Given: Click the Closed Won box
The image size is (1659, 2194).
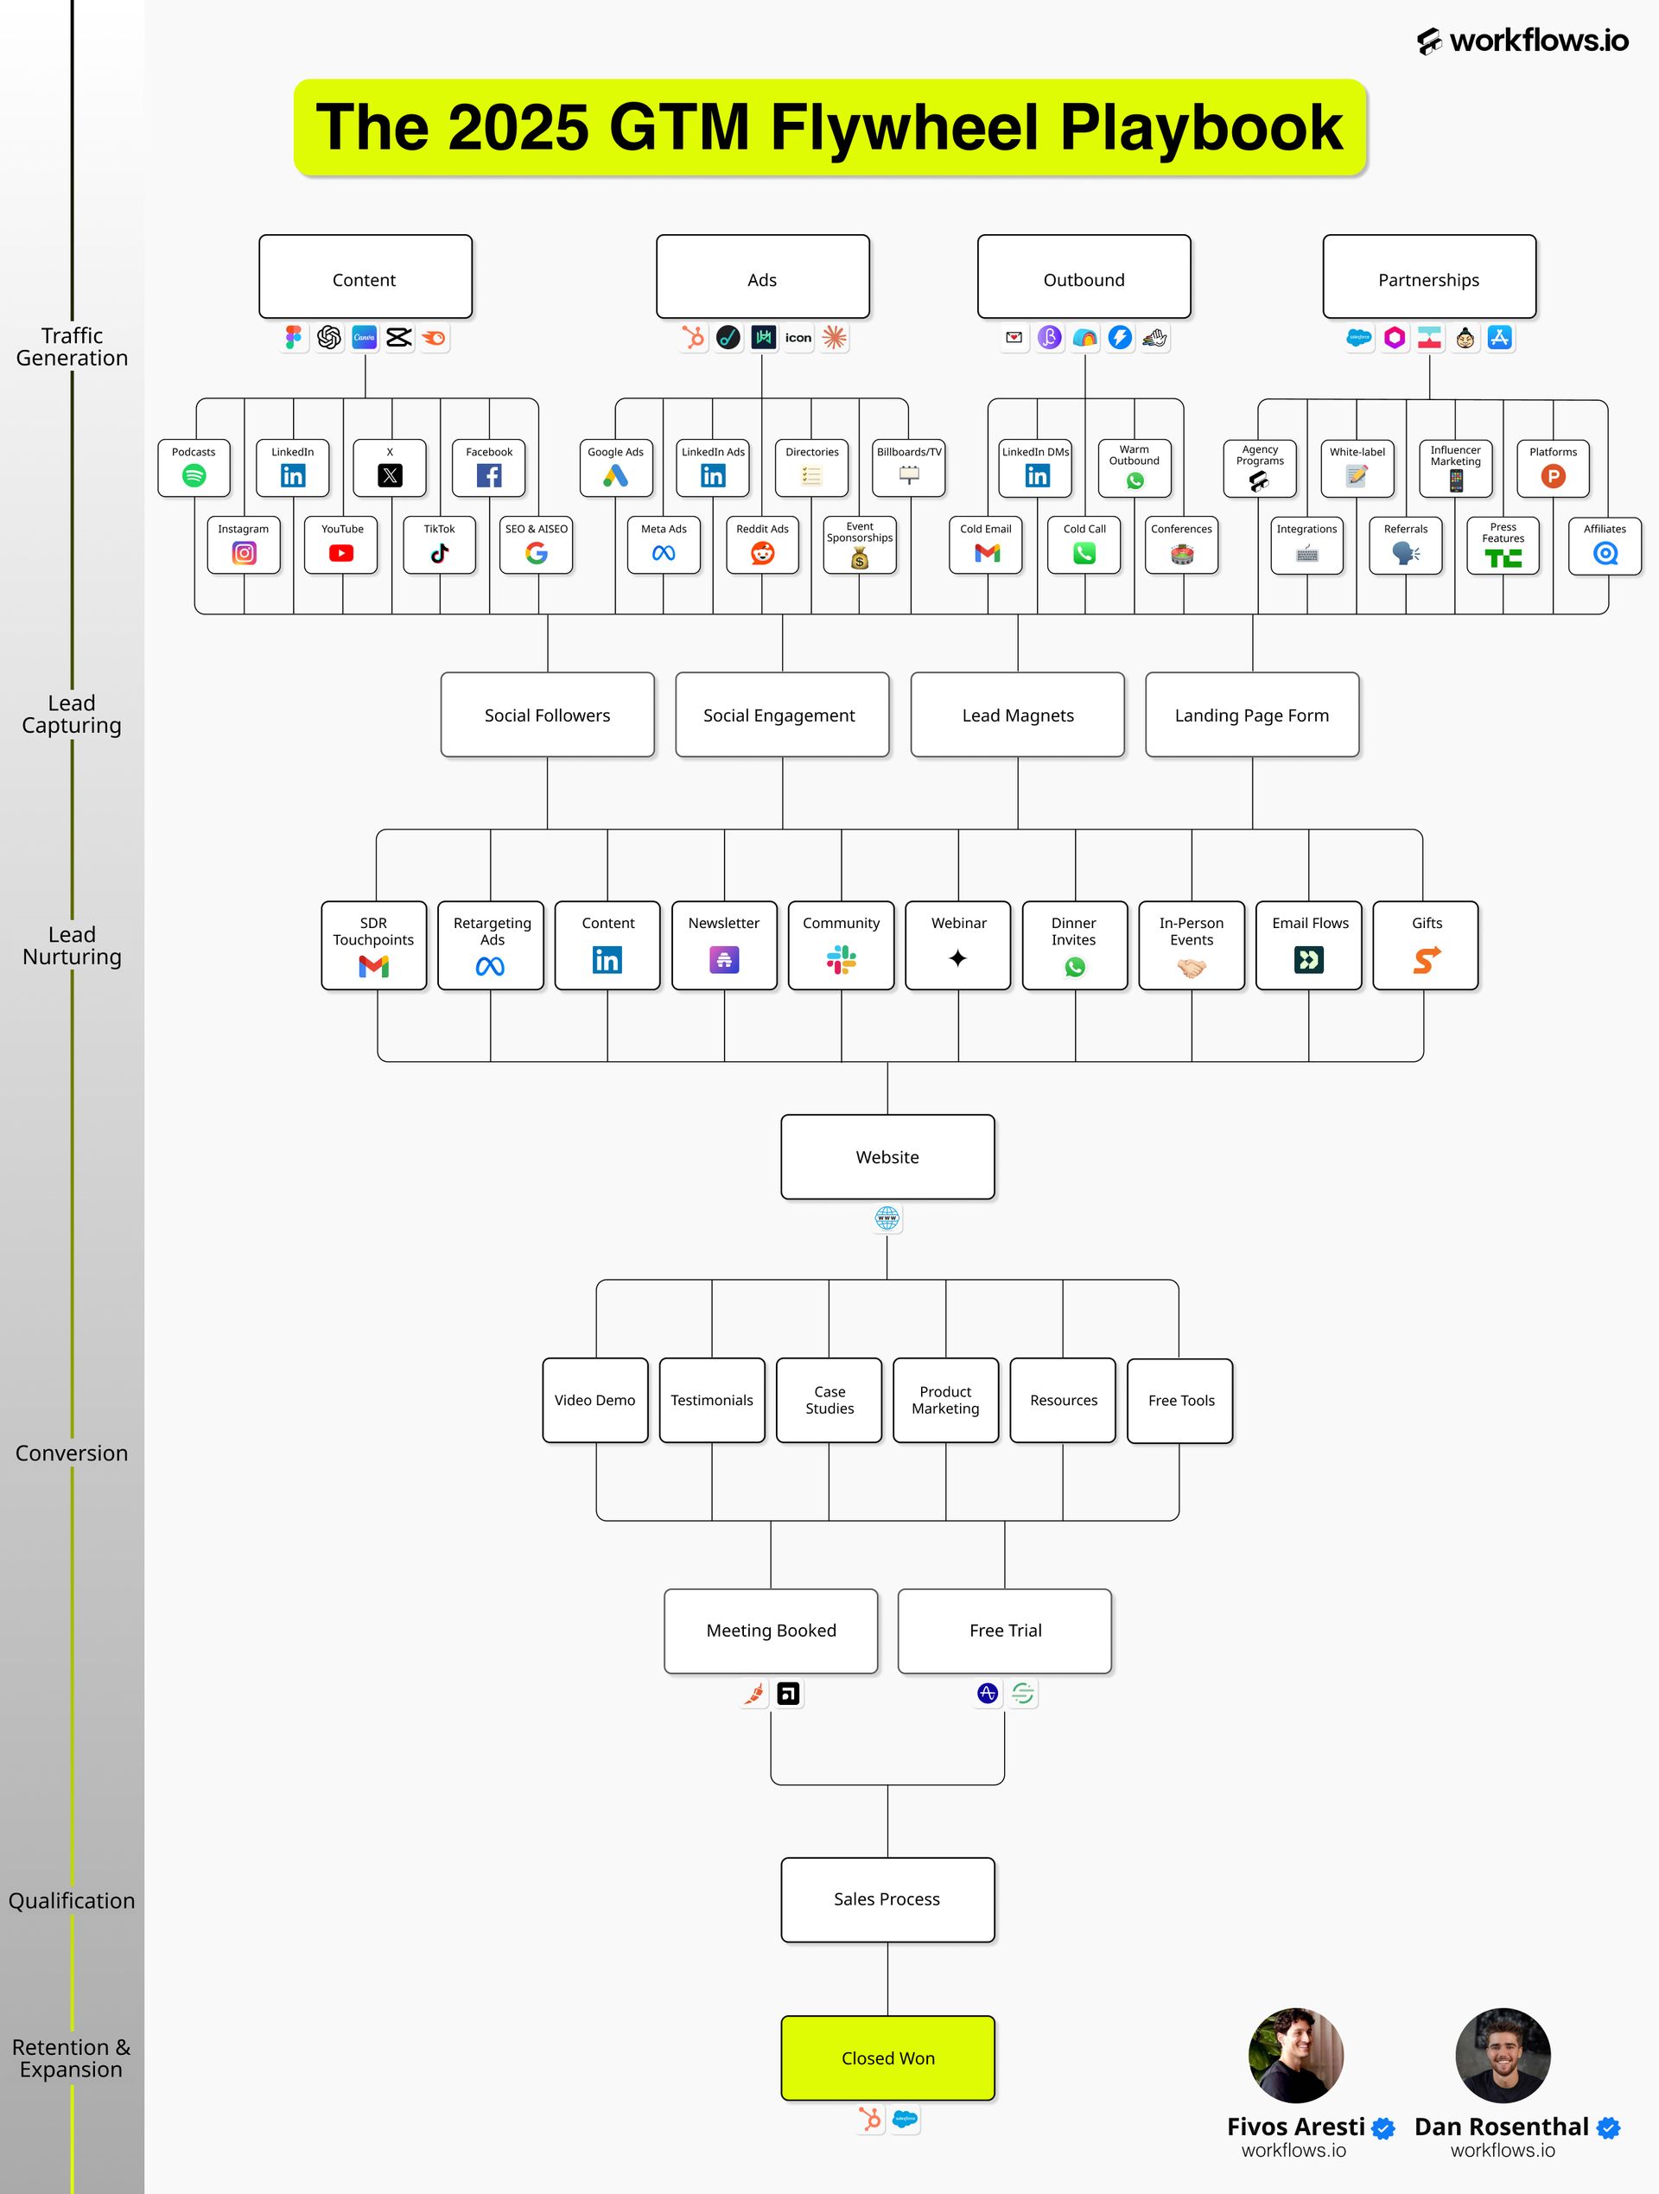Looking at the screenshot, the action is click(x=887, y=2057).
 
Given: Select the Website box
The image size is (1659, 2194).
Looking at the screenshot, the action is click(x=887, y=1156).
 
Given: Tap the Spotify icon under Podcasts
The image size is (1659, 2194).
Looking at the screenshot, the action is click(x=194, y=476).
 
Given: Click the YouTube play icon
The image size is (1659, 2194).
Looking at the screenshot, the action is click(x=341, y=553).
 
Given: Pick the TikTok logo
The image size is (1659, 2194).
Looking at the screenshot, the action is click(x=439, y=553).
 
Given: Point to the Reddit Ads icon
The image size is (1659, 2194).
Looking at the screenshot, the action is click(x=763, y=553).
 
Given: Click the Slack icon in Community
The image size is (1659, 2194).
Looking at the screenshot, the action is click(x=841, y=960).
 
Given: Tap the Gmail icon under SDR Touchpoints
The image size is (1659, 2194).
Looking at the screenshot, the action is click(x=374, y=966).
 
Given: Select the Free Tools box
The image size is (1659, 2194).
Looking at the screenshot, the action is click(x=1180, y=1401).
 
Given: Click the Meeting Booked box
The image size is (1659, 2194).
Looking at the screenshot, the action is click(x=772, y=1631).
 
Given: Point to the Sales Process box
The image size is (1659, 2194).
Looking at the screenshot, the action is click(x=887, y=1899).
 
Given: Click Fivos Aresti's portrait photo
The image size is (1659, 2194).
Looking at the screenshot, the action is click(x=1295, y=2055).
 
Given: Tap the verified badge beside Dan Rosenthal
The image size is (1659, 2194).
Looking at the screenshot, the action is click(x=1608, y=2127).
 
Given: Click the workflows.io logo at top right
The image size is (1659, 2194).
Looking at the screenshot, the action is click(x=1522, y=41).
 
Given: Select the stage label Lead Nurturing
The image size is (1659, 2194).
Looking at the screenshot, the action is click(x=73, y=945).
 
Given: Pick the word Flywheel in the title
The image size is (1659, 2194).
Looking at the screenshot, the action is click(x=905, y=127).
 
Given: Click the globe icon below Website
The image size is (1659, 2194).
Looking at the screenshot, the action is click(x=887, y=1218).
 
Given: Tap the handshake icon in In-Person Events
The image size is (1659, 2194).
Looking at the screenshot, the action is click(x=1191, y=967).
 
